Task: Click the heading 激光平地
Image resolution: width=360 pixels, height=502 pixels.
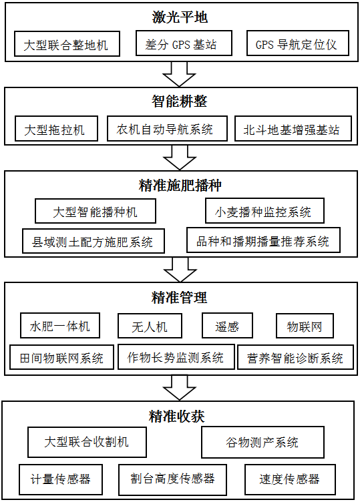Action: tap(180, 17)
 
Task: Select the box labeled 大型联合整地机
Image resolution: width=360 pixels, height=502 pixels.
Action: tap(67, 43)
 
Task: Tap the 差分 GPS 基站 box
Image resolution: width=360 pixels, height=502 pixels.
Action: tap(184, 43)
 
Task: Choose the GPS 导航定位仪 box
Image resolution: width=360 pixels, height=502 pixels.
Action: tap(298, 43)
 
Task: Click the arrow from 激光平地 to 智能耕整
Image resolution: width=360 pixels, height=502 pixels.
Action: tap(180, 74)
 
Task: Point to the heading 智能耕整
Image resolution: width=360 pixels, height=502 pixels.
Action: tap(180, 101)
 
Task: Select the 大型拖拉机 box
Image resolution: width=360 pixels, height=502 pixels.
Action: tap(56, 129)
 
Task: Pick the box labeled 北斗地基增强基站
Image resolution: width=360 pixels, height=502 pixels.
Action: tap(293, 129)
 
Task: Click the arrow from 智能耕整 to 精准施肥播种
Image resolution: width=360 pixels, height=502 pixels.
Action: tap(180, 158)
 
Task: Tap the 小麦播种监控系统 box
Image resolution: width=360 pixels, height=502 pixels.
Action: tap(264, 211)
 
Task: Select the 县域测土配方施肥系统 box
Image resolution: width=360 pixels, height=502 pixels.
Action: tap(94, 241)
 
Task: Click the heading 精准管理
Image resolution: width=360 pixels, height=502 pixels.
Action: tap(180, 298)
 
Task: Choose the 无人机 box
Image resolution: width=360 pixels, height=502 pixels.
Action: tap(150, 326)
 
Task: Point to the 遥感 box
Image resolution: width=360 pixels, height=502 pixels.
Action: tap(227, 326)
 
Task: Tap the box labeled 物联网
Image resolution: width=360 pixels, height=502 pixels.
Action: tap(305, 326)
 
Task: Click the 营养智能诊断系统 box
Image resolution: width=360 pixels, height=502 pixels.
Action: tap(296, 357)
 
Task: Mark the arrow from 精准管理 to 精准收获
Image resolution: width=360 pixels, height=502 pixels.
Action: tap(180, 388)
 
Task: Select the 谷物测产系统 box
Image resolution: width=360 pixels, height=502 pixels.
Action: tap(262, 442)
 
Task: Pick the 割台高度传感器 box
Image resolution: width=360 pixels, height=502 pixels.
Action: tap(172, 479)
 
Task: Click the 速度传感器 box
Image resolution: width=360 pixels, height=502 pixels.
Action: tap(290, 479)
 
